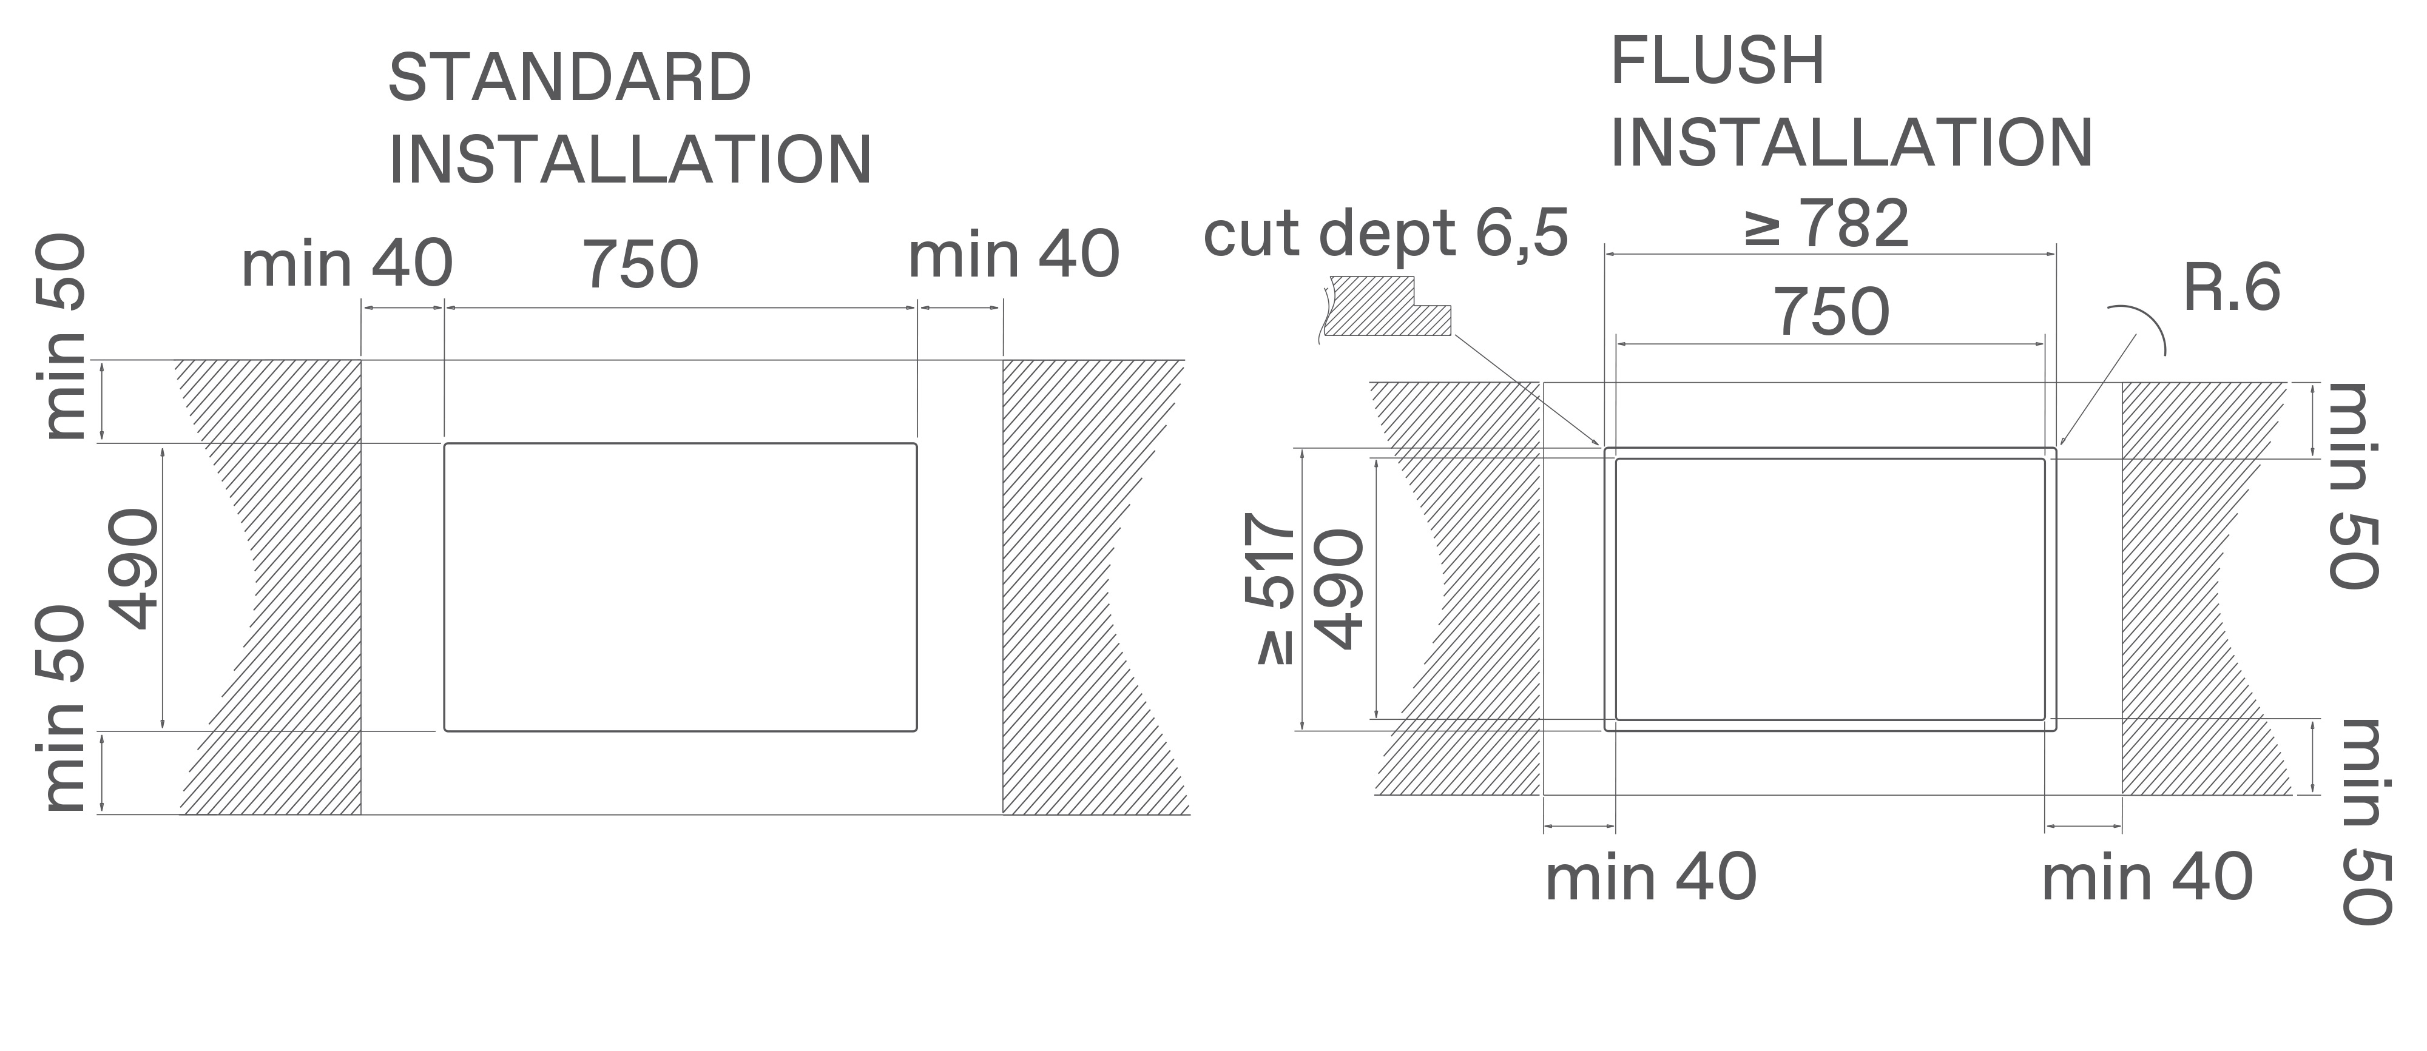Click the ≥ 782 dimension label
tap(1826, 224)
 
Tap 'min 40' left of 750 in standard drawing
tap(346, 264)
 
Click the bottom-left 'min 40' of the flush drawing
tap(1650, 878)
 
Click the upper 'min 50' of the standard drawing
tap(62, 337)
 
